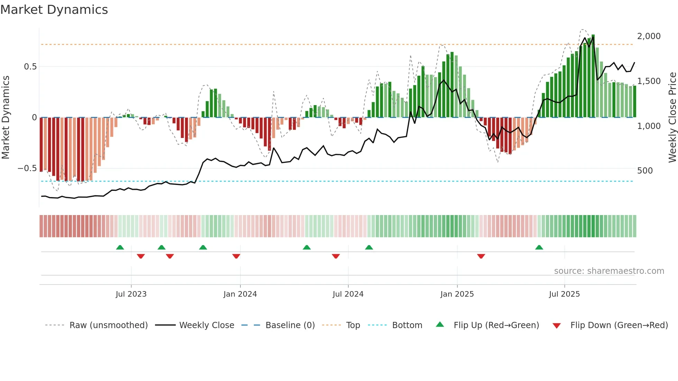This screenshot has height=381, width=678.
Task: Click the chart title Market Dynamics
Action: (54, 10)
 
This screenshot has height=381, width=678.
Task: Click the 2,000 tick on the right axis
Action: (649, 36)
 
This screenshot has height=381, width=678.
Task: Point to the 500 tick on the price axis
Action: (645, 171)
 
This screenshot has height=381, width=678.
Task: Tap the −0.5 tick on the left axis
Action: (27, 168)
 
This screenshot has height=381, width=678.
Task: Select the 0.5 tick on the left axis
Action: (30, 67)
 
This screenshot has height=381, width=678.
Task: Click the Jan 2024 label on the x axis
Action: (240, 294)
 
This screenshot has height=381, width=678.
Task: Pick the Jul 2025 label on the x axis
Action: (564, 294)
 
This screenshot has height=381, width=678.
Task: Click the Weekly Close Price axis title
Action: (672, 117)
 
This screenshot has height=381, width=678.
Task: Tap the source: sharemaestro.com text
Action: (609, 271)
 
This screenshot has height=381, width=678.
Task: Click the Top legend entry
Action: (353, 325)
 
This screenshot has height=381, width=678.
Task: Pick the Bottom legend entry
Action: (407, 325)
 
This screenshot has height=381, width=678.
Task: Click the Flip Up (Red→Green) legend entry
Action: (496, 325)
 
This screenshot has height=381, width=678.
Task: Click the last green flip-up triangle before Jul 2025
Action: (539, 247)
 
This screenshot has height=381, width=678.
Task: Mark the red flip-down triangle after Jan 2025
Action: (481, 256)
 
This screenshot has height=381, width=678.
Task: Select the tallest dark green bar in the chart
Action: (593, 76)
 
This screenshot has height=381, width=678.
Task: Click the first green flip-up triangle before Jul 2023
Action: (120, 247)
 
